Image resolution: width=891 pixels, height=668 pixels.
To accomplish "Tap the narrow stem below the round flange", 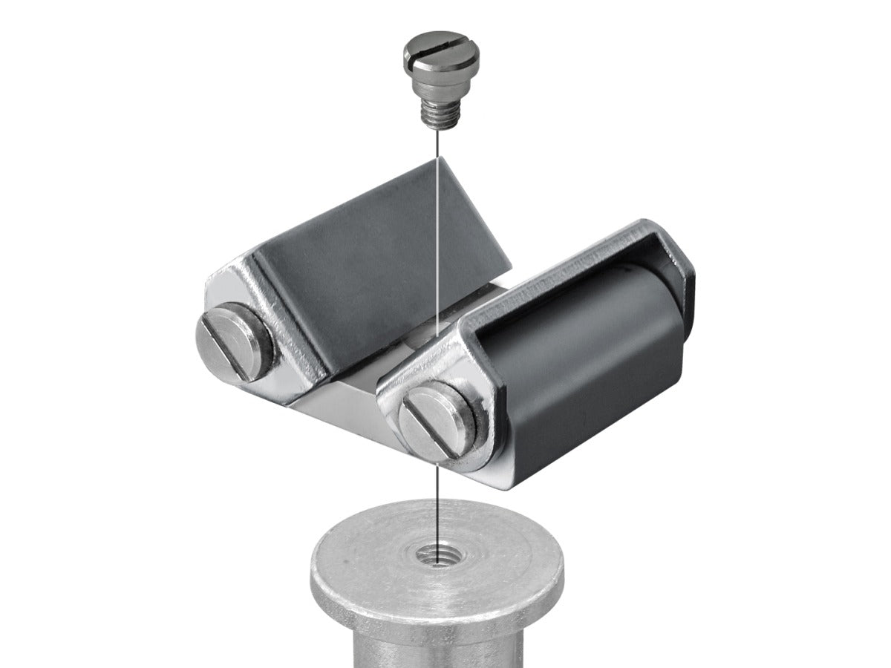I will [438, 646].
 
